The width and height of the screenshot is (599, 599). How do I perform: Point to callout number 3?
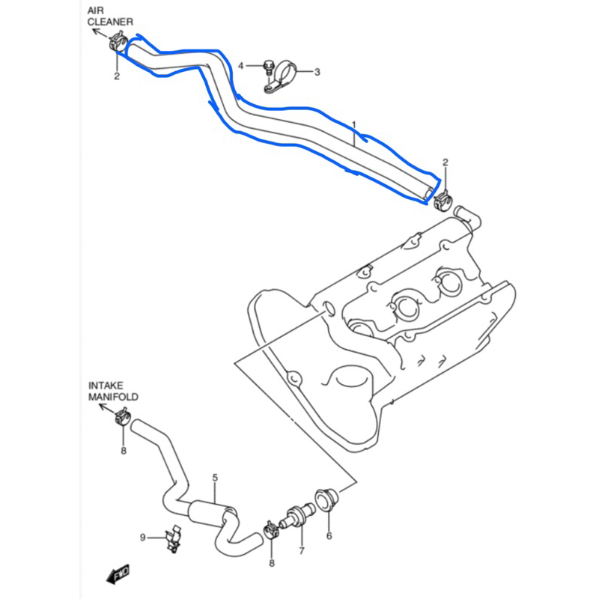click(317, 72)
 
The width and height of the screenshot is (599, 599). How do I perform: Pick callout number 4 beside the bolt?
click(241, 66)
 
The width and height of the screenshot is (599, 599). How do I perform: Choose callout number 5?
click(215, 478)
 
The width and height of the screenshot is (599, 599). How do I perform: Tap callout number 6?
click(328, 536)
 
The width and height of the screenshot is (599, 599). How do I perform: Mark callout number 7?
click(302, 552)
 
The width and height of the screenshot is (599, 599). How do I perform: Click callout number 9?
click(142, 536)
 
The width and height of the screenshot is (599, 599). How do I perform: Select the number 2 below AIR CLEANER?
click(117, 76)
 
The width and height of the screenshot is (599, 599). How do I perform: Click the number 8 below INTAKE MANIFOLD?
click(124, 450)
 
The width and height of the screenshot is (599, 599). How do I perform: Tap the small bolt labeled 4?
click(267, 67)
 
